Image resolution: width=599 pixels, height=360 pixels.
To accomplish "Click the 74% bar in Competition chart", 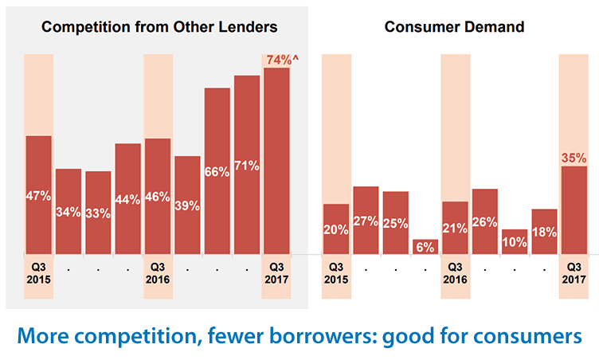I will [276, 159].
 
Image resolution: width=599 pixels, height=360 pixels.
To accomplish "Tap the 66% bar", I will [217, 170].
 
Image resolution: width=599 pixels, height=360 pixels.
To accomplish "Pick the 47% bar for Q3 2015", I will [38, 194].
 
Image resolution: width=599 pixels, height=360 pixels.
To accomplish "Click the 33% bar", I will [98, 213].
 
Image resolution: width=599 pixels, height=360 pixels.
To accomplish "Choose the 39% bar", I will [187, 205].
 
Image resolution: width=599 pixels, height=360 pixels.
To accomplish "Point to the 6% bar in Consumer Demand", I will [425, 247].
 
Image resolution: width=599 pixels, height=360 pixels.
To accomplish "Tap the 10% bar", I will [515, 241].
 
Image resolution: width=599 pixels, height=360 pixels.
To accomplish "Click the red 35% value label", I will [574, 157].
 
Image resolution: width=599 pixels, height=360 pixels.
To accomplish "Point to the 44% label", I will [127, 200].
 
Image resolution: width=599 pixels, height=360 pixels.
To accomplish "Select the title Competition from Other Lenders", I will [159, 26].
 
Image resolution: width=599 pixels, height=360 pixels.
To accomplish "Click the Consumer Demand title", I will [454, 26].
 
